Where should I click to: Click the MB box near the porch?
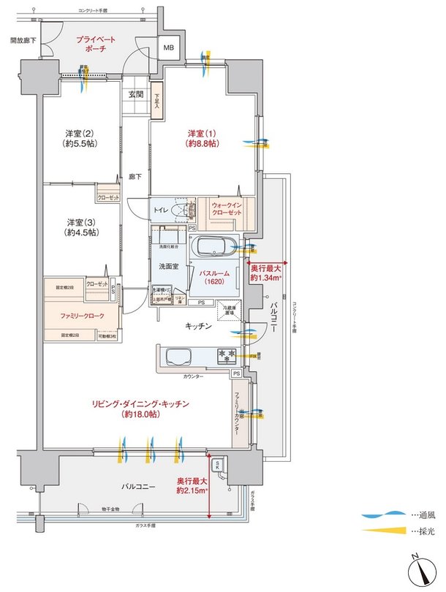(x=169, y=48)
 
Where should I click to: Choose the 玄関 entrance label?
(x=136, y=94)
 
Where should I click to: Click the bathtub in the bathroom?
(x=213, y=248)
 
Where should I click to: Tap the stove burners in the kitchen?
(x=224, y=357)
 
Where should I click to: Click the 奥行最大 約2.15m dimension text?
(x=192, y=485)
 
